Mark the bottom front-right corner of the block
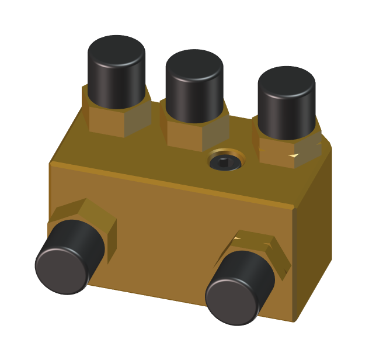point(293,321)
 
